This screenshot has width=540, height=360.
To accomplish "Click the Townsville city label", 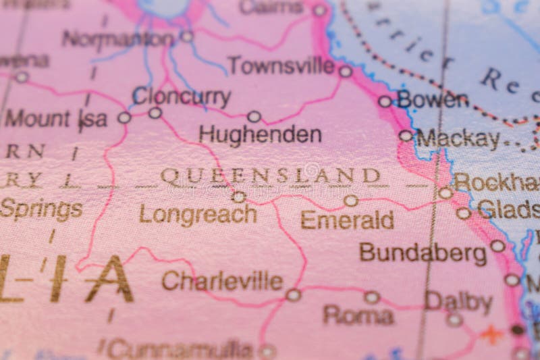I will (x=281, y=66).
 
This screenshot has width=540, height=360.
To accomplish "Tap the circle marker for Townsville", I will (x=346, y=71).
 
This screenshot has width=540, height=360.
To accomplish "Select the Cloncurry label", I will (x=182, y=96).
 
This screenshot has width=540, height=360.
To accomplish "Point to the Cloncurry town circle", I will (x=155, y=113).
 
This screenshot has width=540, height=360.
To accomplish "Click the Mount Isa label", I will (x=56, y=119).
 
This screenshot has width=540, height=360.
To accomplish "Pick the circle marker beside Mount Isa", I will (x=124, y=118).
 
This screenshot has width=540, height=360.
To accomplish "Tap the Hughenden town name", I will (x=260, y=134).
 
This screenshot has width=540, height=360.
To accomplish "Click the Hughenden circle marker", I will (x=254, y=116).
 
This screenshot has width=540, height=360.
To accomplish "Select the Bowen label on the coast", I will (x=432, y=100).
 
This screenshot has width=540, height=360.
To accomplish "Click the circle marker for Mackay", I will (x=405, y=136).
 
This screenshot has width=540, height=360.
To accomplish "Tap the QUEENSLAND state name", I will (x=271, y=176).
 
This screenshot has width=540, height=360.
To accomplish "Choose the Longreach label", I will (x=198, y=214).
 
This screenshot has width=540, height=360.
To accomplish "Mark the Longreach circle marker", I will (x=238, y=197).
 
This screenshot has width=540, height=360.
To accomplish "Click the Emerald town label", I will (x=347, y=220).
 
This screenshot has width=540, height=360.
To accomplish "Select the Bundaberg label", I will (x=423, y=253).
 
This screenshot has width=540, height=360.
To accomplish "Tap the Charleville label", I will (x=222, y=280).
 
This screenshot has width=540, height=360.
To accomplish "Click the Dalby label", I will (x=458, y=302).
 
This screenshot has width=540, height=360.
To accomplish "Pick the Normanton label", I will (x=118, y=38).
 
